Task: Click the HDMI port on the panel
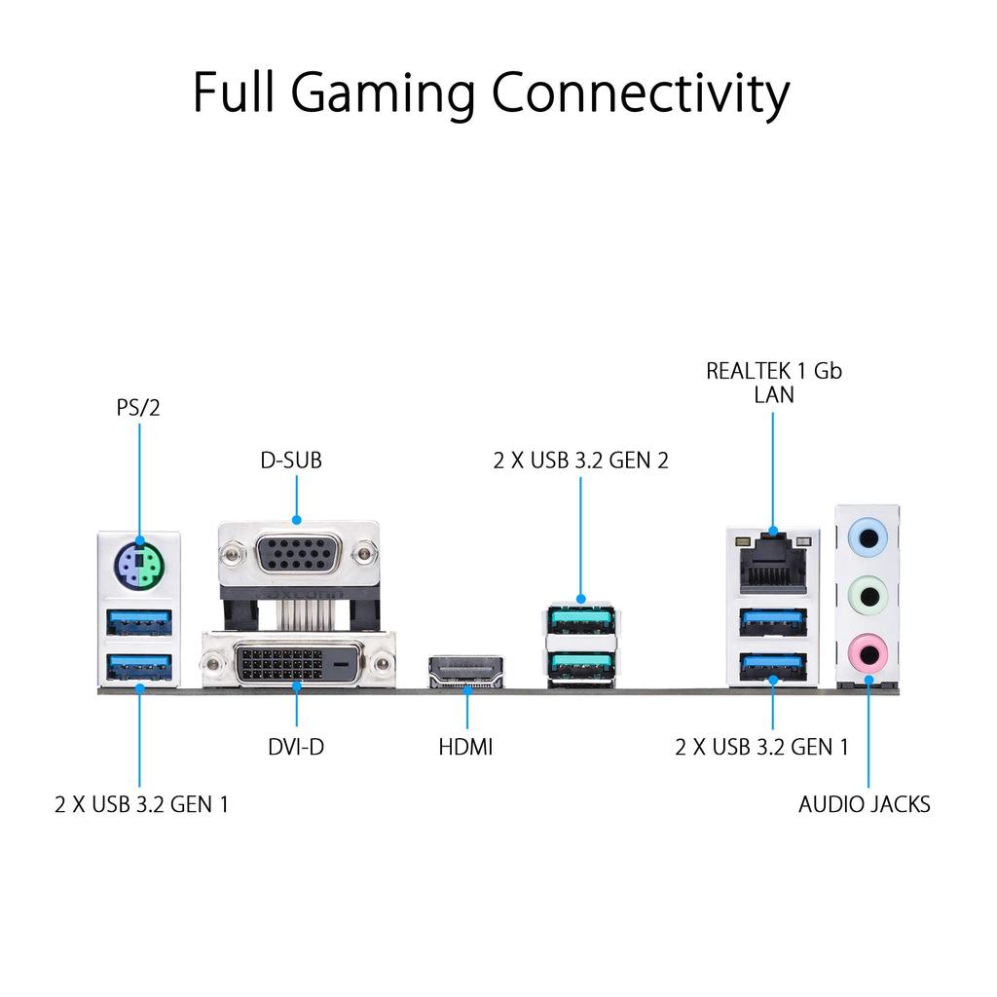(466, 671)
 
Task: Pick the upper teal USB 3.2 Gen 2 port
(581, 619)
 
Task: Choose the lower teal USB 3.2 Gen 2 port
(581, 663)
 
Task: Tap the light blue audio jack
(866, 535)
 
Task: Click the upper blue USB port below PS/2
(138, 619)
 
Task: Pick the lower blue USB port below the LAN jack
(773, 664)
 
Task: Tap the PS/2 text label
(138, 407)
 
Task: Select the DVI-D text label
(296, 748)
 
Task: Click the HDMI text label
(465, 748)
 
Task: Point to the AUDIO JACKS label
(865, 804)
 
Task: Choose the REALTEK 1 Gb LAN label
(774, 383)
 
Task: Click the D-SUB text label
(290, 461)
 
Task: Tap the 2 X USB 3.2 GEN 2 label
(581, 461)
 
